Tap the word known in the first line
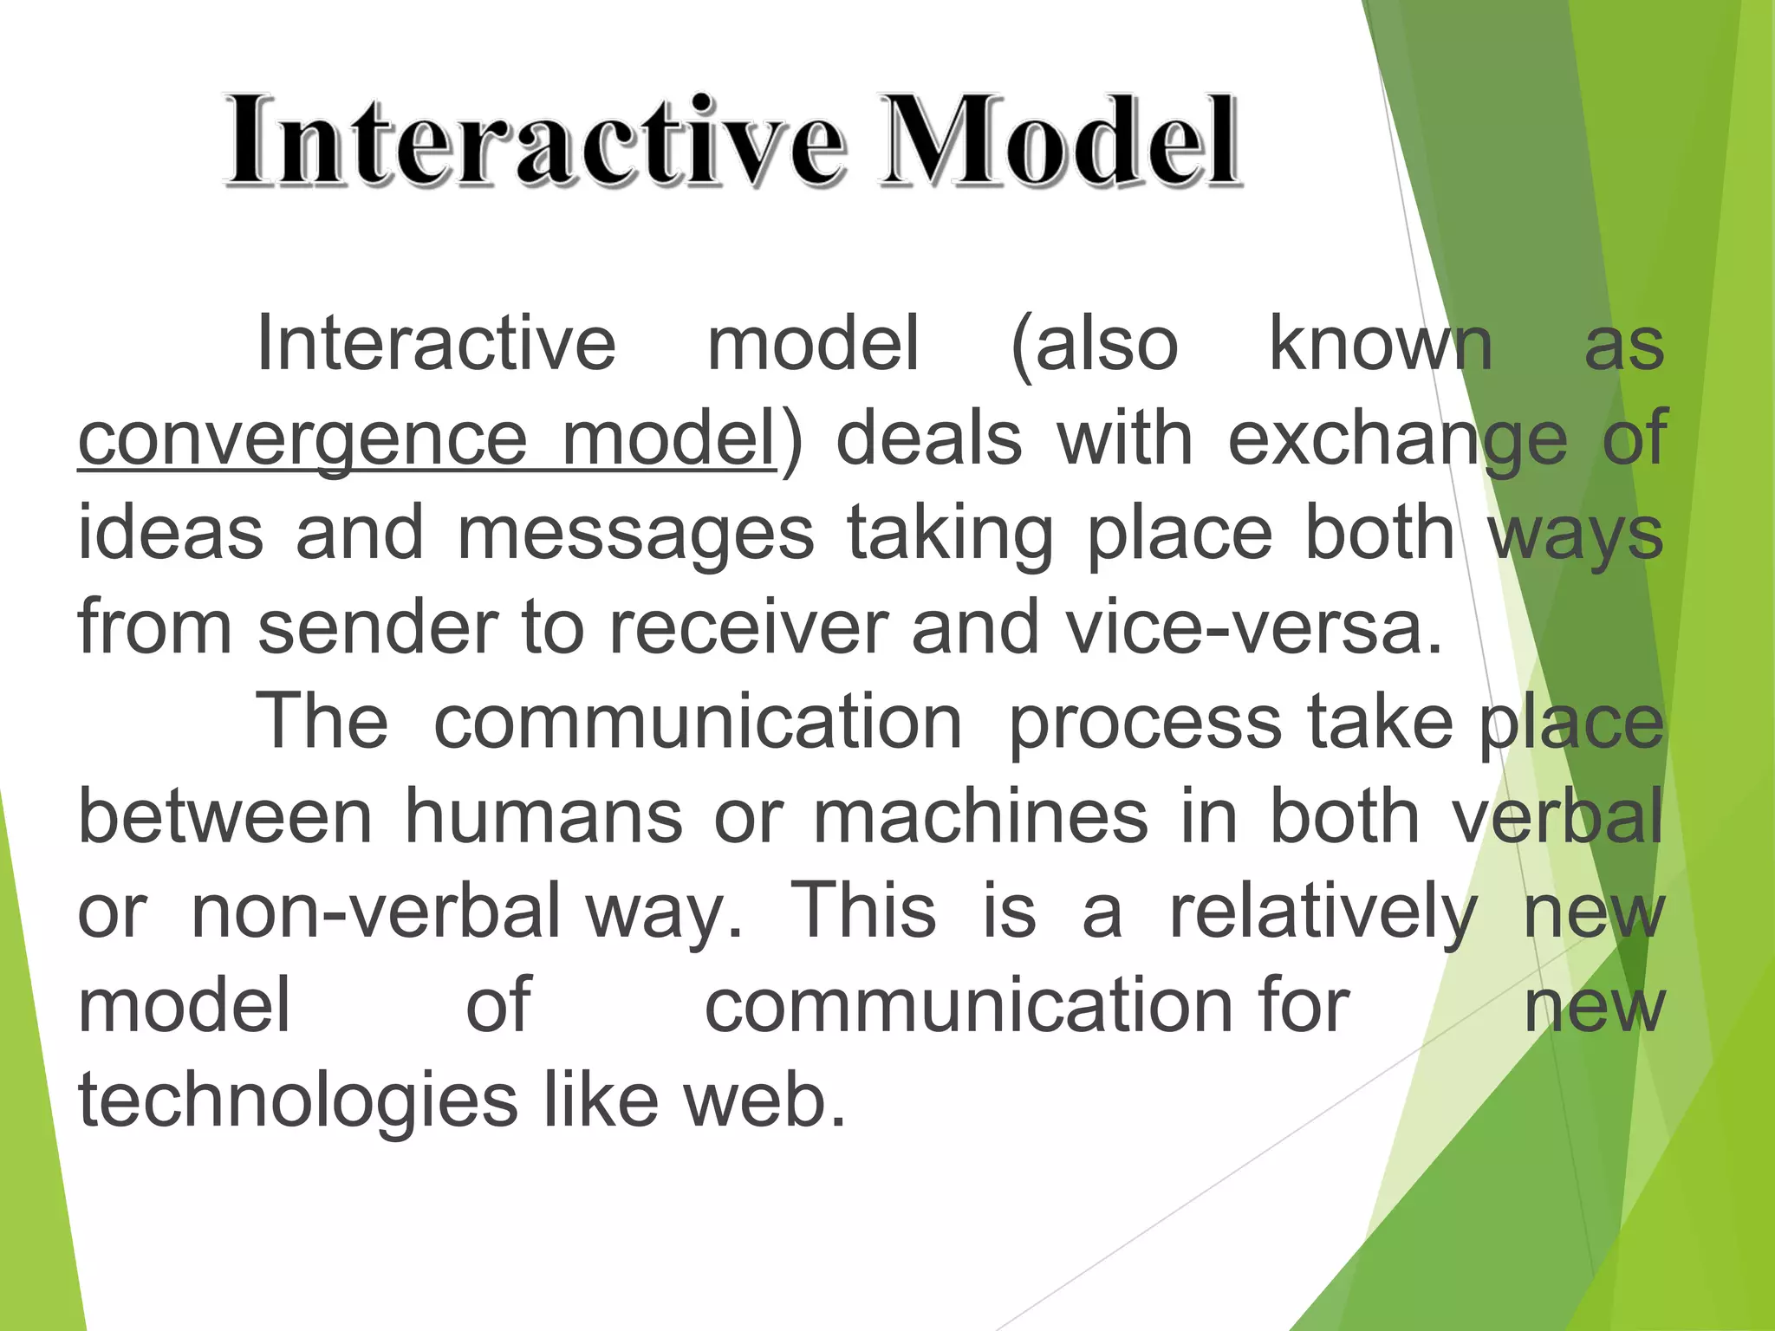[x=1381, y=345]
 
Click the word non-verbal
[x=375, y=912]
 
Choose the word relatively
[x=1323, y=912]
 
